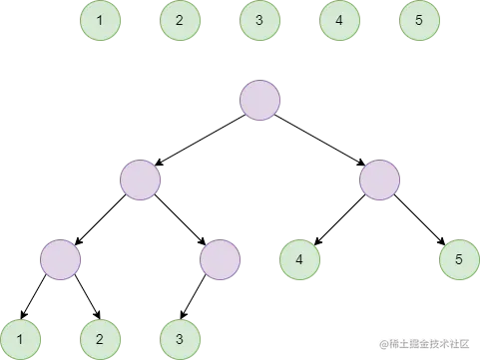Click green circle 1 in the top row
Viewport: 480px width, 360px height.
point(100,20)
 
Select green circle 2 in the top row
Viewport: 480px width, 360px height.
point(180,20)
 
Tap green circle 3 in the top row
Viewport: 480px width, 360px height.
point(259,20)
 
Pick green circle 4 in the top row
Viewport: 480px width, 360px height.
point(339,20)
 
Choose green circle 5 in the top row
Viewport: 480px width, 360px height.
point(419,20)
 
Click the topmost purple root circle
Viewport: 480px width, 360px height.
point(259,100)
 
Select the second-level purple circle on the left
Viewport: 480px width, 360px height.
point(140,180)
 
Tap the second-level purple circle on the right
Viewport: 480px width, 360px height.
point(379,180)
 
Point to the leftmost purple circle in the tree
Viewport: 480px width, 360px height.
point(60,259)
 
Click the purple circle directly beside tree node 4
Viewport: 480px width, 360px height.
point(220,259)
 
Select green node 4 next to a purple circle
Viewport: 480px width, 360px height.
point(299,259)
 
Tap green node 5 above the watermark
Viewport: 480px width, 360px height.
point(459,259)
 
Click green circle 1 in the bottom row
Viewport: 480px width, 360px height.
point(20,339)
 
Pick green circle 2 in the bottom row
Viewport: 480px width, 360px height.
point(100,339)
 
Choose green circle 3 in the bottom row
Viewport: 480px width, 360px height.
point(180,339)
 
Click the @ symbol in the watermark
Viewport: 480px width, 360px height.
point(383,342)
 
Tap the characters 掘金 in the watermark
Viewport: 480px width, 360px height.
point(420,342)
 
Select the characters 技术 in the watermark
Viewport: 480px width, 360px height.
point(442,342)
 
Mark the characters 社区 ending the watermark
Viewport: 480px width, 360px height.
point(461,342)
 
